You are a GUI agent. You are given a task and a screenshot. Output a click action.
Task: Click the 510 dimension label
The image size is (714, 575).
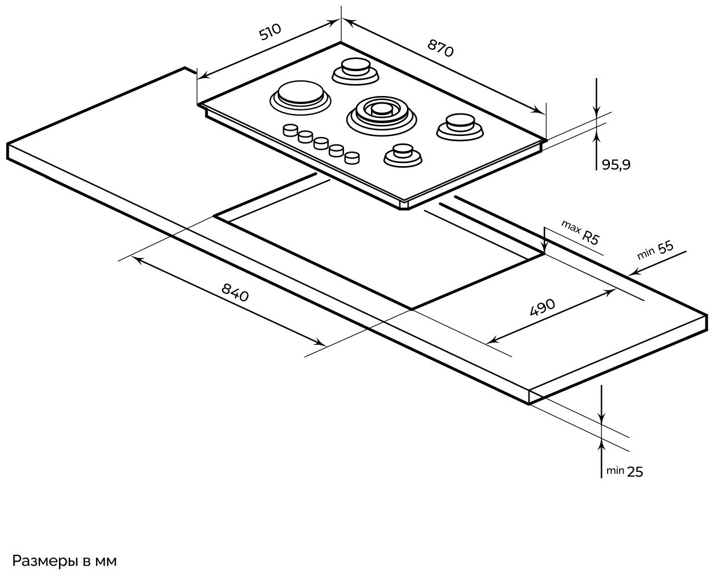270,32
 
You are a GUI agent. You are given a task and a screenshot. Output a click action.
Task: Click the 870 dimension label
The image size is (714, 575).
440,48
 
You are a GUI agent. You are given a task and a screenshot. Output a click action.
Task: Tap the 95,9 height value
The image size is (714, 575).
616,164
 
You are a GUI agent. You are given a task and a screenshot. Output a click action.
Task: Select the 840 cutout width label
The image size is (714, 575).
235,293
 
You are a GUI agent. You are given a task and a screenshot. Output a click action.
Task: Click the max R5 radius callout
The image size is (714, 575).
580,233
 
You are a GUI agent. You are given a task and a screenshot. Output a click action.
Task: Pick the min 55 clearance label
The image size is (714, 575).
656,250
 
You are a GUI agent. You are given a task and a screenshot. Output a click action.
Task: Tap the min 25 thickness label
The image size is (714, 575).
625,471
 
